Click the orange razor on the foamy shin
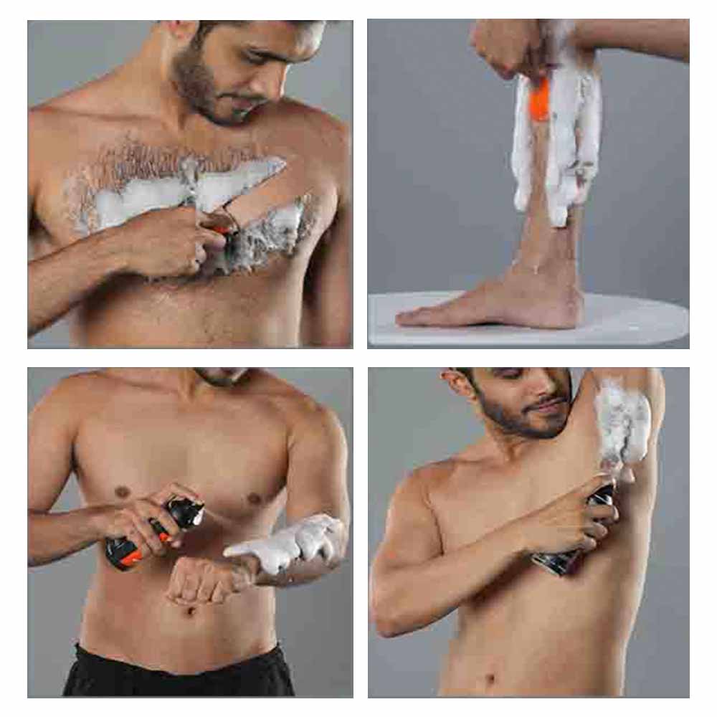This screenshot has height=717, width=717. click(x=540, y=100)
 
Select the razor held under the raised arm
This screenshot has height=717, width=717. click(x=581, y=531)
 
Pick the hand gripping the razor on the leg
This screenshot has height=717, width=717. click(x=502, y=43)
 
